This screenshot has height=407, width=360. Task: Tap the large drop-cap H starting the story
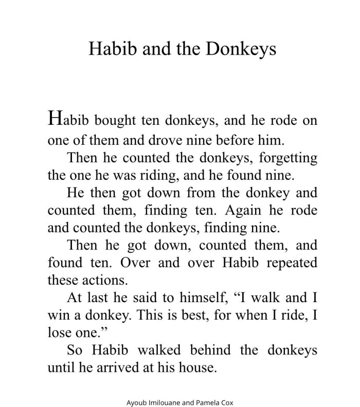coord(56,118)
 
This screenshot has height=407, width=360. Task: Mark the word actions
coord(98,281)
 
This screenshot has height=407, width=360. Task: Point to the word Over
coord(136,263)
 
